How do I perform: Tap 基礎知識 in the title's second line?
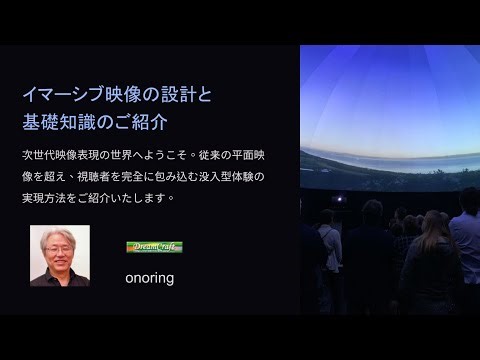60,123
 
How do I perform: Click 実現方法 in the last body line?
45,197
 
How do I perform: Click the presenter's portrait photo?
60,255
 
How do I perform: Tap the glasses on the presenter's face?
60,249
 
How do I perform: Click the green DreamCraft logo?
154,246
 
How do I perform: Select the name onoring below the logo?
150,278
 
